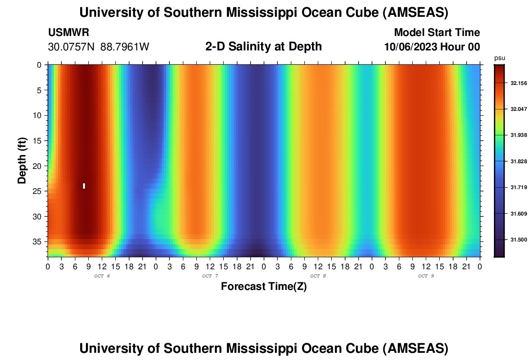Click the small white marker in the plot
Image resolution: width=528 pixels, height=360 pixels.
point(84,186)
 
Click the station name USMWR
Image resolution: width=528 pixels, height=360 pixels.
point(68,33)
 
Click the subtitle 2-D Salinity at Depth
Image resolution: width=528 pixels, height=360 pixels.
point(264,47)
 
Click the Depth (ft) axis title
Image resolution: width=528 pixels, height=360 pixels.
point(22,160)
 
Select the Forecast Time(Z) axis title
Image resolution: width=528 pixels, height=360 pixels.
point(264,287)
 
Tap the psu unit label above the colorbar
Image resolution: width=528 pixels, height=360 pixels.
point(500,58)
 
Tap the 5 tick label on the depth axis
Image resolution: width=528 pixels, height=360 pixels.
point(41,90)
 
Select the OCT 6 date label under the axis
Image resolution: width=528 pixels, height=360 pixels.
point(102,276)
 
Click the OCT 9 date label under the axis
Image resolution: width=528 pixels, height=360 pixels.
point(426,276)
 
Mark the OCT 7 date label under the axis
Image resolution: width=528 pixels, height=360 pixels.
point(210,276)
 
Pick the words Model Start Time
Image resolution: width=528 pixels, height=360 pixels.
point(437,33)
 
